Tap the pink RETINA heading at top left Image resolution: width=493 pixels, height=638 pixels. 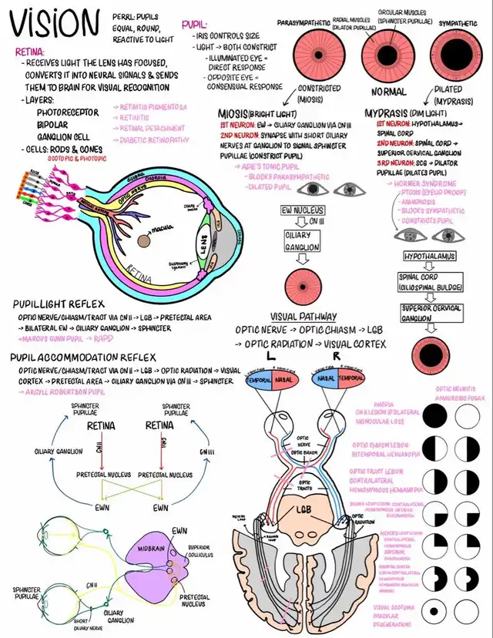coord(30,52)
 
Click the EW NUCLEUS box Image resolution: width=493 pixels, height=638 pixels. coord(302,210)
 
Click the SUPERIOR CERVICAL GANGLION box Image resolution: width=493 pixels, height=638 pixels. coord(431,313)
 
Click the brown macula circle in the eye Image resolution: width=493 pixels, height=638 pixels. coord(144,240)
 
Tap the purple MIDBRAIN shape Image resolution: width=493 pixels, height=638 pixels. coord(151,556)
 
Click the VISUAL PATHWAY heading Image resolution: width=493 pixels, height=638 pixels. coord(304,317)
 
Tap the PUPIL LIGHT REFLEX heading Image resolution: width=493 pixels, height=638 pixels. coord(59,304)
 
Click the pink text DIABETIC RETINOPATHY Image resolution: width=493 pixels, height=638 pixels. coord(154,139)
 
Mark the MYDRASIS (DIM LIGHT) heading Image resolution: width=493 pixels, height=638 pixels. coord(413,112)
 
